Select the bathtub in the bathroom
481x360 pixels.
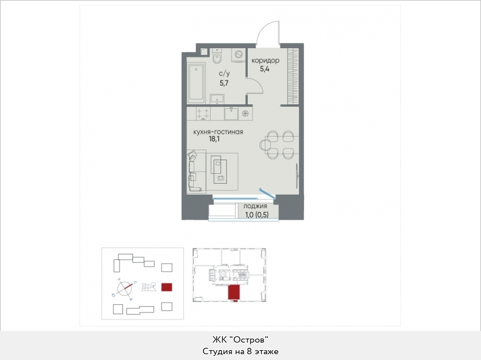coord(196,83)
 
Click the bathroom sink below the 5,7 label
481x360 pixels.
coord(217,99)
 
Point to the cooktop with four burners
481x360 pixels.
coord(202,114)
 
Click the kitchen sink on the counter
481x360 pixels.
coord(232,114)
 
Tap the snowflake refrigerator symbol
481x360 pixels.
coord(245,114)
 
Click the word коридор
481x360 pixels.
coord(265,60)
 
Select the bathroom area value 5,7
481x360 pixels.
coord(224,83)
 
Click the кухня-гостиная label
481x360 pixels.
coord(218,132)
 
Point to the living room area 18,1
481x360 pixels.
coord(214,139)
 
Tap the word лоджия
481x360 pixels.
coord(255,206)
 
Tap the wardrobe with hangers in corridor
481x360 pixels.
coord(292,77)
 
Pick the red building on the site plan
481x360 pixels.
coord(167,287)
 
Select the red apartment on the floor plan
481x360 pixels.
coord(233,292)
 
